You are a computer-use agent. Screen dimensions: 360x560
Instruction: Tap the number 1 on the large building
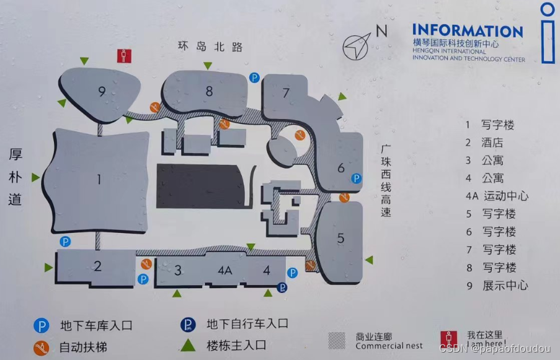(99, 180)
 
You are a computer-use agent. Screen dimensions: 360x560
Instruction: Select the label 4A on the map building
(224, 270)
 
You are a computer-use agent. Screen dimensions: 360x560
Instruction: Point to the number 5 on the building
(340, 238)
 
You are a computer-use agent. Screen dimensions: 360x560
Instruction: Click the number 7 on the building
(286, 94)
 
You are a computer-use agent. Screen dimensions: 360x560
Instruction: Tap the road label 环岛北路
(210, 46)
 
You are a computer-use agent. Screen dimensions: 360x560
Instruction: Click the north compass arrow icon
(358, 46)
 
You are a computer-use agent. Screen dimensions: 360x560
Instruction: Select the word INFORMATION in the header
(468, 30)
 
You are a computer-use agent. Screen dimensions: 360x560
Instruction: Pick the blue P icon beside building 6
(357, 178)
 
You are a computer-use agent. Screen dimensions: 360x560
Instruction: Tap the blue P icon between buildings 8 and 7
(254, 77)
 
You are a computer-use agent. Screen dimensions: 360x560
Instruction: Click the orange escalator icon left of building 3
(146, 264)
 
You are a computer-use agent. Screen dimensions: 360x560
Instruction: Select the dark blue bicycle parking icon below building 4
(283, 287)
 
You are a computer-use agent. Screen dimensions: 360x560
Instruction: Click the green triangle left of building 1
(36, 178)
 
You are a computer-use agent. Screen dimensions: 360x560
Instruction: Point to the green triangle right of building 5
(369, 260)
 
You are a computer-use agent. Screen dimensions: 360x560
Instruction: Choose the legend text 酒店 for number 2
(492, 143)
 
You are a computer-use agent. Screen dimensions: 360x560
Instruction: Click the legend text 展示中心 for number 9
(505, 286)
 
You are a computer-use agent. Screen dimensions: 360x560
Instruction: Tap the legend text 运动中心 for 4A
(505, 196)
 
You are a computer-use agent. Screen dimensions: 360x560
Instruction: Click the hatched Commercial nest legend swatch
(337, 340)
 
